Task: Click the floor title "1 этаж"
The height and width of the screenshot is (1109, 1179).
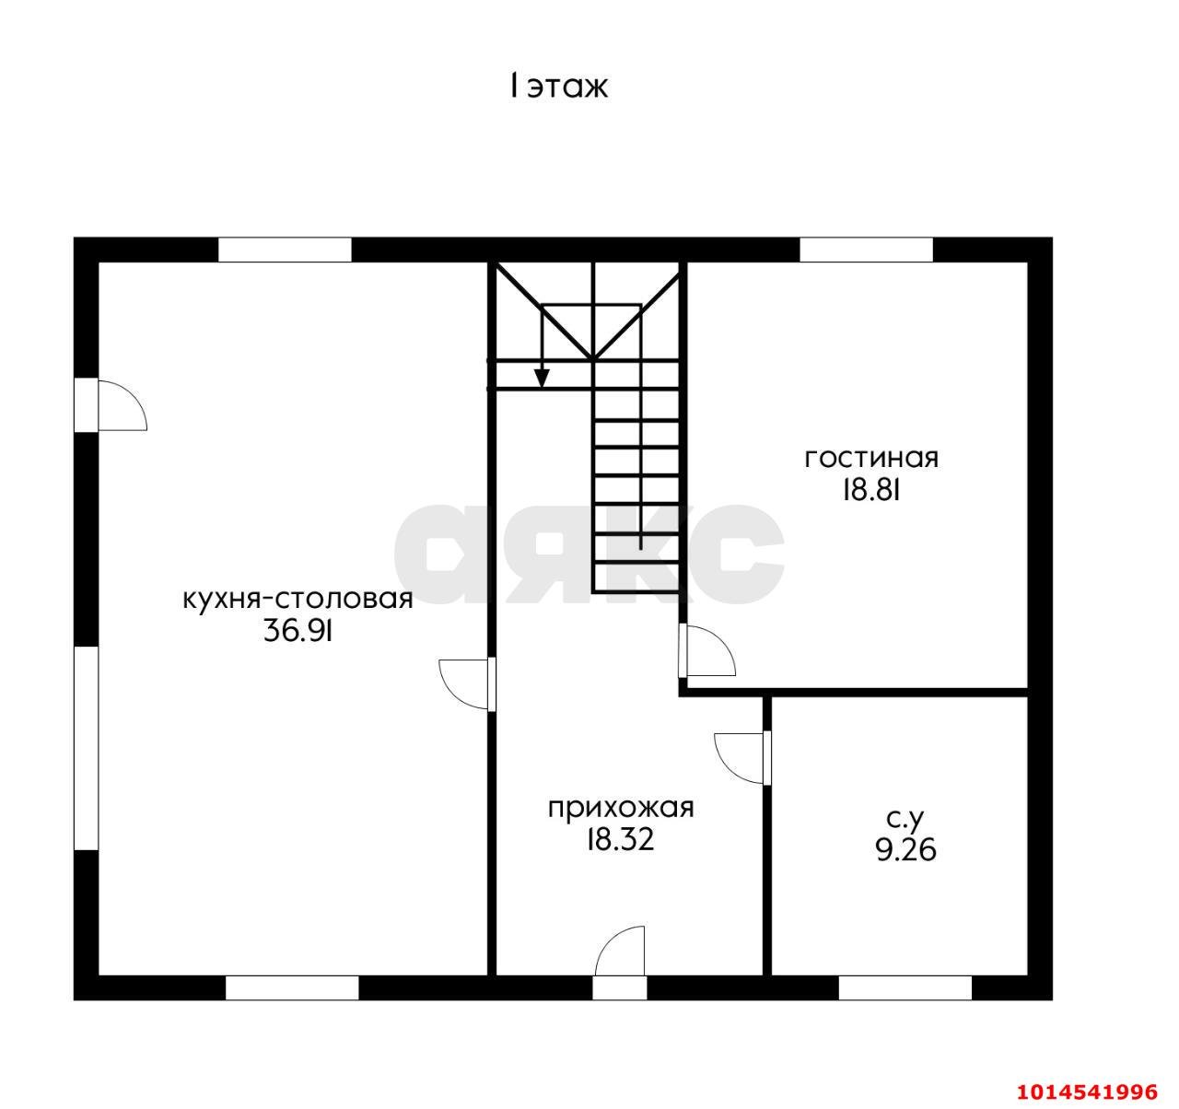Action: pyautogui.click(x=558, y=88)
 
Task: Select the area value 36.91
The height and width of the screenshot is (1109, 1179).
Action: pyautogui.click(x=298, y=631)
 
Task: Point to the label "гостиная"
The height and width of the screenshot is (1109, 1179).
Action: pyautogui.click(x=871, y=459)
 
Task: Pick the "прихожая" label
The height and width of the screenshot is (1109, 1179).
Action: pyautogui.click(x=621, y=810)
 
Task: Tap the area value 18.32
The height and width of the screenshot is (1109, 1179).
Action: pyautogui.click(x=621, y=839)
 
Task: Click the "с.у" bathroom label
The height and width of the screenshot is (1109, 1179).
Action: pyautogui.click(x=906, y=820)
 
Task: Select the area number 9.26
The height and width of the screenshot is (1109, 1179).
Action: pyautogui.click(x=906, y=850)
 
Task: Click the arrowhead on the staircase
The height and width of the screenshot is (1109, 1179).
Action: pyautogui.click(x=542, y=379)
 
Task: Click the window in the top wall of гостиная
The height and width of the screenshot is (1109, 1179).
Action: pyautogui.click(x=866, y=250)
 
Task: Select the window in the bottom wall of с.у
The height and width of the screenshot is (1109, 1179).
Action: pyautogui.click(x=905, y=988)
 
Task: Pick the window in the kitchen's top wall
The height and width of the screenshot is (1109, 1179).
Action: pyautogui.click(x=285, y=250)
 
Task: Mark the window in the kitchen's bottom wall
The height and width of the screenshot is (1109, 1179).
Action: pyautogui.click(x=292, y=988)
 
